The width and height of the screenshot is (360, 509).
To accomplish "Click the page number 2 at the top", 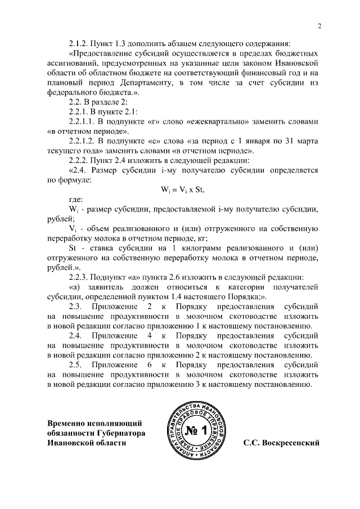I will [x=319, y=26].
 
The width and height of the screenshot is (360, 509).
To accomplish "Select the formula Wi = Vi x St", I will [x=182, y=190].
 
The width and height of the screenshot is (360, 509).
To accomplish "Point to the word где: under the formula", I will [x=76, y=199].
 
